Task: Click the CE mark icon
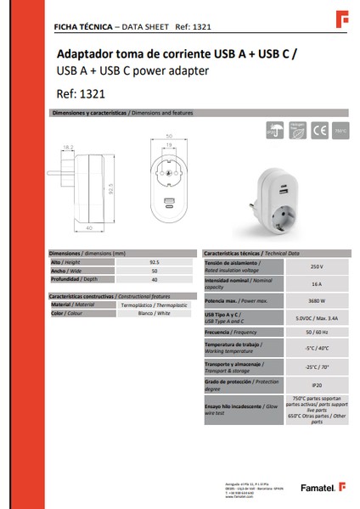(320, 131)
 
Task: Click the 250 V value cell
(316, 266)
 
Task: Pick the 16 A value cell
(316, 283)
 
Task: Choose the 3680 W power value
(316, 300)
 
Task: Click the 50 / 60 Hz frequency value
(316, 333)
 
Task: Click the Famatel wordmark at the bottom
(318, 488)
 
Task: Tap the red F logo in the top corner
(343, 17)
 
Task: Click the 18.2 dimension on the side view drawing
(69, 147)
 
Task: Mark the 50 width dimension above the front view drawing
(169, 136)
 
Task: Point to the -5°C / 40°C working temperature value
(316, 348)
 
